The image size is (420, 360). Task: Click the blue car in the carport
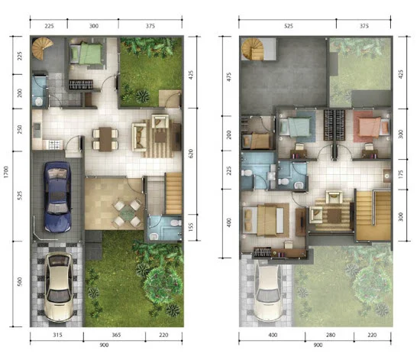(x=57, y=196)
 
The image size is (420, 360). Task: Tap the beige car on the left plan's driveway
(x=59, y=287)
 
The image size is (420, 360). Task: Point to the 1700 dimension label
(x=6, y=172)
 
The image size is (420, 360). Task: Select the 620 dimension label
(x=191, y=154)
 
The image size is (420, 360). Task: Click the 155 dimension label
(x=191, y=227)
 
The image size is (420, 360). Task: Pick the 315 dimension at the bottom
(x=57, y=335)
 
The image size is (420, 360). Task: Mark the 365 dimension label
(x=116, y=335)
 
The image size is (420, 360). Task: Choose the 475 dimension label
(x=229, y=77)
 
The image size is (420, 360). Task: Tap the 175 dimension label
(x=401, y=174)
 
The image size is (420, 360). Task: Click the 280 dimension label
(x=331, y=335)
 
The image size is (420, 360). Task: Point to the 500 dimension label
(x=19, y=282)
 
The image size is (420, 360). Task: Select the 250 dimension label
(x=19, y=129)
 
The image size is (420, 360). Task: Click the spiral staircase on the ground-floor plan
(x=42, y=48)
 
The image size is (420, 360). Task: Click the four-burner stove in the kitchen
(x=55, y=144)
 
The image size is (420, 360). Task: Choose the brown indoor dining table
(x=105, y=139)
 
